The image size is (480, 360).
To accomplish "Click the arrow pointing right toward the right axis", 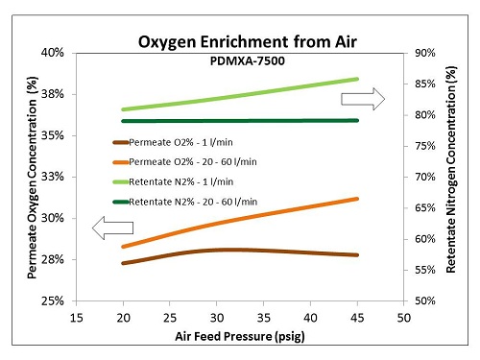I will [367, 97].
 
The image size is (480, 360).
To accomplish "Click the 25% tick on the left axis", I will [52, 301].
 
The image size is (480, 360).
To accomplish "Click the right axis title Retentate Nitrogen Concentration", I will [450, 178].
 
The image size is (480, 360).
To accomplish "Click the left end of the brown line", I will [123, 263].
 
